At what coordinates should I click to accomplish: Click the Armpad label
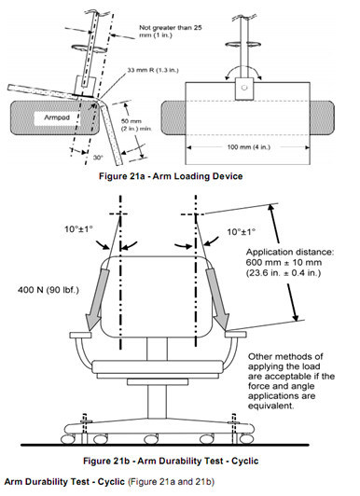tap(57, 117)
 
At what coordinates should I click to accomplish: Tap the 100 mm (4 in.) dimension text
tap(249, 147)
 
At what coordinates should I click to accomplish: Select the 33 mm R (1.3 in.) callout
tap(153, 70)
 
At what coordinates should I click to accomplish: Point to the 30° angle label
tap(98, 158)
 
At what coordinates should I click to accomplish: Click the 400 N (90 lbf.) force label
tap(48, 290)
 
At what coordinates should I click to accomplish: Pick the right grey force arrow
tap(218, 298)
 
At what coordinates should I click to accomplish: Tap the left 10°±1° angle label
tap(78, 229)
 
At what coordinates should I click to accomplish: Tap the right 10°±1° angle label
tap(242, 232)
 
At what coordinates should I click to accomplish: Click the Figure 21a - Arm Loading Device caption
tap(171, 176)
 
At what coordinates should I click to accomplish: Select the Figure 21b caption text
tap(171, 461)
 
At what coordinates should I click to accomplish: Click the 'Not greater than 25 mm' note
tap(170, 32)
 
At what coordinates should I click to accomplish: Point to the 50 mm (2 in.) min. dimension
tap(136, 125)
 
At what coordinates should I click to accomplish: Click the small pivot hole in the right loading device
tap(244, 88)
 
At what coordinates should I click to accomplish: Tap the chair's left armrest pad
tap(80, 335)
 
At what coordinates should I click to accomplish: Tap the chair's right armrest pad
tap(236, 335)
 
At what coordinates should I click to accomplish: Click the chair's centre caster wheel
tap(150, 439)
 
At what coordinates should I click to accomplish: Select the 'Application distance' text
tap(290, 253)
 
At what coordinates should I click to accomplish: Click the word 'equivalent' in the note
tap(270, 406)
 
